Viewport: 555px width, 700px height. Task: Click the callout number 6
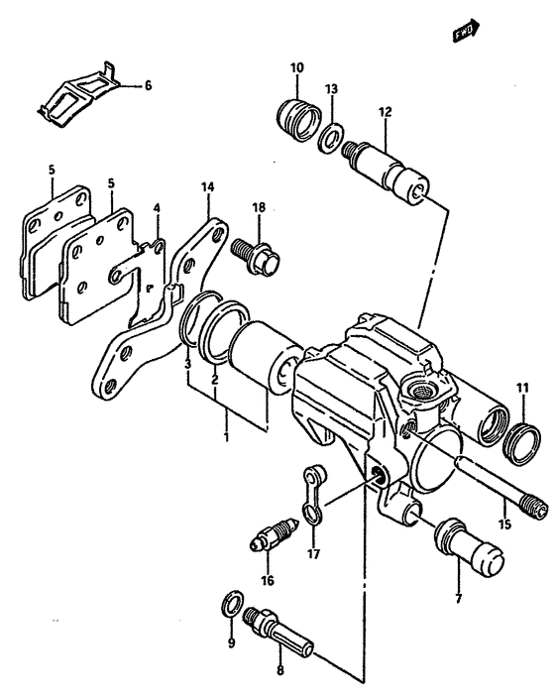148,86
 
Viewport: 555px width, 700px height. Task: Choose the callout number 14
207,186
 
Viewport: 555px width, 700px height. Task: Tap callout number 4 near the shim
156,208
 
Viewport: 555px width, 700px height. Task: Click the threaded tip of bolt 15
536,508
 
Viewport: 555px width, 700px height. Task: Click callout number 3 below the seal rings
186,366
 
